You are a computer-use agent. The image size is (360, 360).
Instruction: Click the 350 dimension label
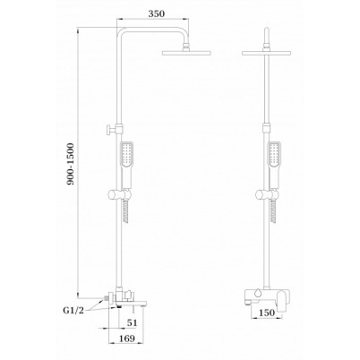(x=156, y=13)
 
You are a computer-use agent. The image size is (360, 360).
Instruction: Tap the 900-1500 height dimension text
(x=70, y=164)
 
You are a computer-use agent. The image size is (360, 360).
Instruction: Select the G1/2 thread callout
(x=73, y=310)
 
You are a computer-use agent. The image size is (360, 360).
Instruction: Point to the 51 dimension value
(x=133, y=322)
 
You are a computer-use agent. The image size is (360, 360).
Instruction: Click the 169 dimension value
(x=126, y=339)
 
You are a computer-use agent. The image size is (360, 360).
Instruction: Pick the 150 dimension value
(x=266, y=313)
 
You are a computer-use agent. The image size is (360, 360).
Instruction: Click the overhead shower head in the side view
(x=186, y=53)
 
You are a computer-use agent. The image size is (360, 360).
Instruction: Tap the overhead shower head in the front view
(x=267, y=53)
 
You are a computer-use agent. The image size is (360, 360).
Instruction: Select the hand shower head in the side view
(x=126, y=155)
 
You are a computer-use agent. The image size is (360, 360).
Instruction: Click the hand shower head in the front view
(x=274, y=155)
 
